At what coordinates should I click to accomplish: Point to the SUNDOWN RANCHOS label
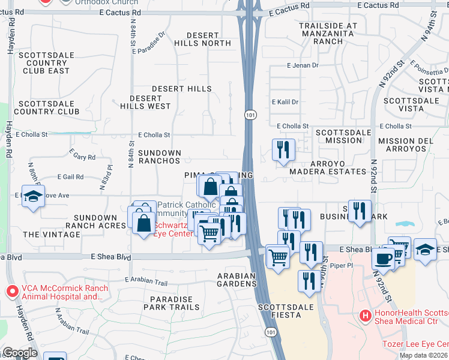tap(160, 157)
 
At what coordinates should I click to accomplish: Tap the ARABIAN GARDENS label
tap(237, 280)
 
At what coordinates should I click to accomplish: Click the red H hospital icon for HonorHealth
tap(364, 314)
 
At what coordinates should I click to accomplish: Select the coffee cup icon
tap(383, 259)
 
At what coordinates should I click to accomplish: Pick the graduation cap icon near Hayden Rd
tap(33, 196)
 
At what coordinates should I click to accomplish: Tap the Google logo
tap(20, 353)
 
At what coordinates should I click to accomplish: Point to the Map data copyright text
tap(423, 355)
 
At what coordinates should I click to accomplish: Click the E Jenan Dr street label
tap(303, 65)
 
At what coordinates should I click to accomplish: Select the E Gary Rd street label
tap(83, 157)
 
